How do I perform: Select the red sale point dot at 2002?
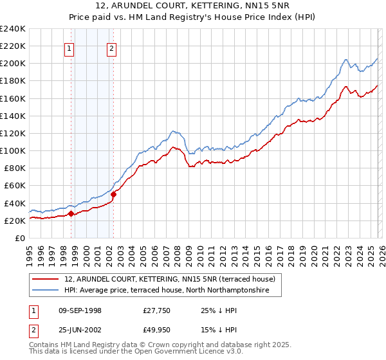pyautogui.click(x=114, y=194)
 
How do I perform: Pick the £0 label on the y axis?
pyautogui.click(x=19, y=238)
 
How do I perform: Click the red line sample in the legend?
pyautogui.click(x=46, y=279)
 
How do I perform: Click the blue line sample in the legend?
pyautogui.click(x=46, y=291)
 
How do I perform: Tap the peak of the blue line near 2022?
pyautogui.click(x=345, y=60)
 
